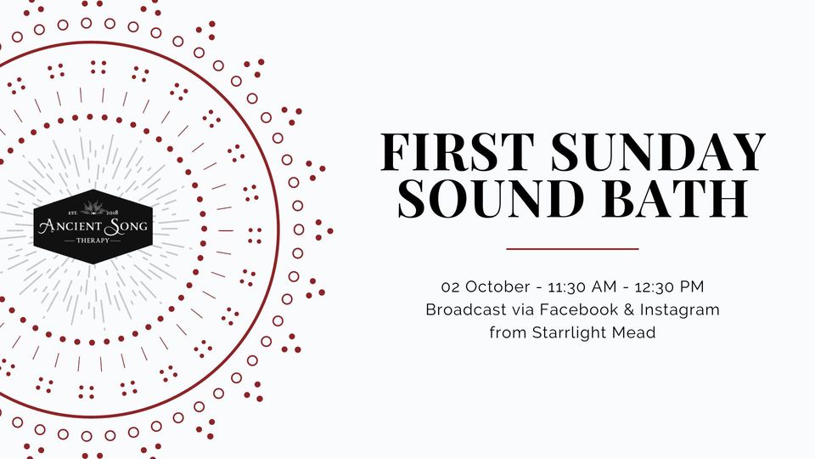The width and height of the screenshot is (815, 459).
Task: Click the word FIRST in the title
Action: tap(458, 152)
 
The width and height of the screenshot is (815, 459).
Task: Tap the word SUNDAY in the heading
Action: tap(659, 152)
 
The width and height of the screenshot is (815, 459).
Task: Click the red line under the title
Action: tap(572, 249)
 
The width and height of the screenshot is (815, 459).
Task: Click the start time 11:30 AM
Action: tap(582, 286)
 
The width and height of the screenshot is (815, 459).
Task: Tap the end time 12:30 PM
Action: tap(669, 286)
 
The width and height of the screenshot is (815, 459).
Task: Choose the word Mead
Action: tap(633, 332)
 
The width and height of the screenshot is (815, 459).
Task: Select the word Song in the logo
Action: tap(126, 226)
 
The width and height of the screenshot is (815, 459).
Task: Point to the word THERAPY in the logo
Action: tap(93, 241)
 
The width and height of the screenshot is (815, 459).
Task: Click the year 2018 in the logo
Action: tap(112, 212)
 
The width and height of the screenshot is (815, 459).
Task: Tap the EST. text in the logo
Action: tap(73, 212)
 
